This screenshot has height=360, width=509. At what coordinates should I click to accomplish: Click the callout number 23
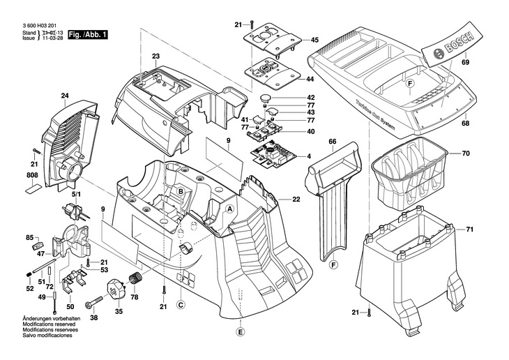point(155,56)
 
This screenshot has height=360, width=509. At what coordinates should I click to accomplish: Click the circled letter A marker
point(229,209)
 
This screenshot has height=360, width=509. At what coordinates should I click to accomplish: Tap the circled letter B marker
point(180,191)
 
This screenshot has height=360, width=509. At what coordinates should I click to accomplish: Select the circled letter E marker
point(241,332)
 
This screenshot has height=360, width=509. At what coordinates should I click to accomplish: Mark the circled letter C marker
point(180,303)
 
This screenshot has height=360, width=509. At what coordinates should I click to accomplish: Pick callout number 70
point(466,153)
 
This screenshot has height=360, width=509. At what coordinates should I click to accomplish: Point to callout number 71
point(469,230)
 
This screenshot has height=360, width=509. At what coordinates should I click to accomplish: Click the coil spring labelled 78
point(135,281)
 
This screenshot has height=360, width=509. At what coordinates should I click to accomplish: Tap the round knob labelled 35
point(116,287)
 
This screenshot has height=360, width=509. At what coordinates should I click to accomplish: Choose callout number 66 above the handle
point(333,142)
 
